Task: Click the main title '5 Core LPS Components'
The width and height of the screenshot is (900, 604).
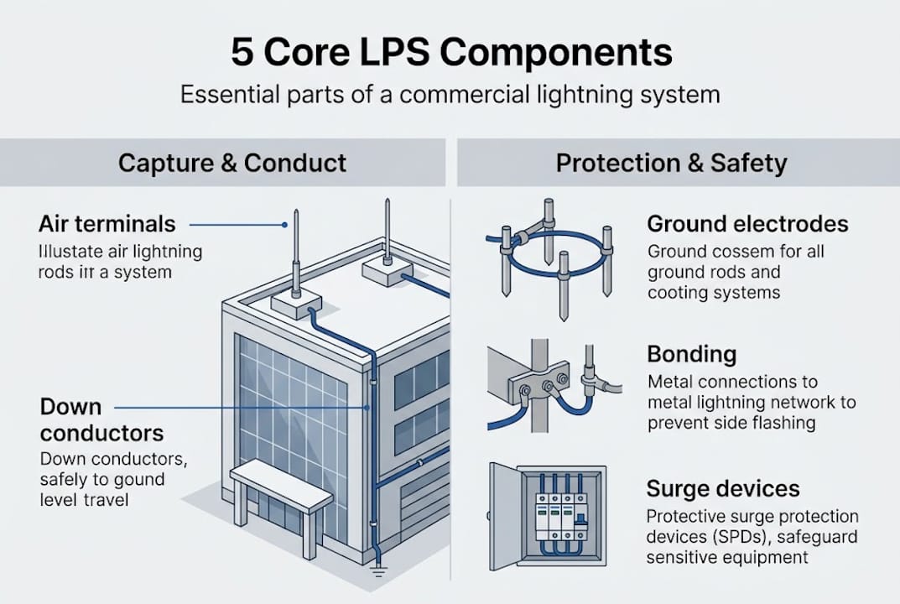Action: pos(450,53)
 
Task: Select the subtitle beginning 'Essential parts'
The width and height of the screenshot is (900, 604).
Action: pos(450,93)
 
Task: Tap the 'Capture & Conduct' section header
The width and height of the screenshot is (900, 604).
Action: pos(232,162)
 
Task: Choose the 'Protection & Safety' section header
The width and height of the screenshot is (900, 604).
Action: pos(672,162)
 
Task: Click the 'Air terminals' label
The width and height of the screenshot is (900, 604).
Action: pos(107,224)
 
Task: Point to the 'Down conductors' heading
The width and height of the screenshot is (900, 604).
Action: pos(101,420)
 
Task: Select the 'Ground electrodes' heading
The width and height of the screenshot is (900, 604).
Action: pos(747,224)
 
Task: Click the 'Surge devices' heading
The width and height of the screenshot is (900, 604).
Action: pos(723,488)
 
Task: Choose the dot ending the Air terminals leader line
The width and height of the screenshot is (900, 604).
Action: pos(284,225)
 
